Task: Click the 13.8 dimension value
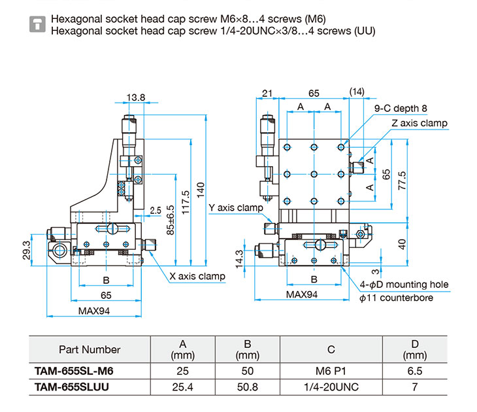tap(136, 97)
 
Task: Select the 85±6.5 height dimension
tap(171, 220)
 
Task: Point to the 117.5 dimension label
tap(186, 203)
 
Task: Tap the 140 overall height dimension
tap(201, 190)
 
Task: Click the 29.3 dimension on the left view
tap(27, 250)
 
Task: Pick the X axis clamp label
tap(197, 276)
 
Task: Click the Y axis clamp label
tap(236, 208)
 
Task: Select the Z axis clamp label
tap(419, 123)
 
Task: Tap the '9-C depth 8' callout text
tap(401, 109)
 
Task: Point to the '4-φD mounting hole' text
tap(404, 284)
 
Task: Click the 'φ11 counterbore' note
tap(396, 298)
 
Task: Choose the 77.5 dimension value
tap(402, 180)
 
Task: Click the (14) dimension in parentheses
tap(357, 92)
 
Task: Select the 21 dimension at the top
tap(267, 93)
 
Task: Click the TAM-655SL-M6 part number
tap(74, 371)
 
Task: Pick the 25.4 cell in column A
tap(182, 387)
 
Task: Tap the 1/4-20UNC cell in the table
tap(331, 387)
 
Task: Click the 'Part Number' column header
tap(90, 350)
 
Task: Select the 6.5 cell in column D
tap(415, 371)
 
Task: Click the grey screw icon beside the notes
tap(37, 24)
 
